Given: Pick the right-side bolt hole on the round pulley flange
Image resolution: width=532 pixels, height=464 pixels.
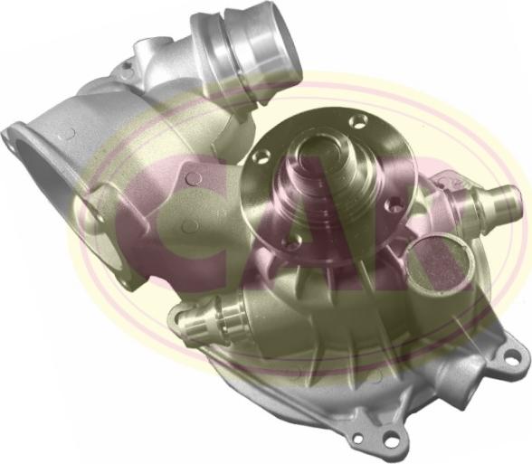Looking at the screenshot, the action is pyautogui.click(x=393, y=203).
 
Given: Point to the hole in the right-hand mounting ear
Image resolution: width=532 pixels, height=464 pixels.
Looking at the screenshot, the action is pyautogui.click(x=512, y=357).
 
